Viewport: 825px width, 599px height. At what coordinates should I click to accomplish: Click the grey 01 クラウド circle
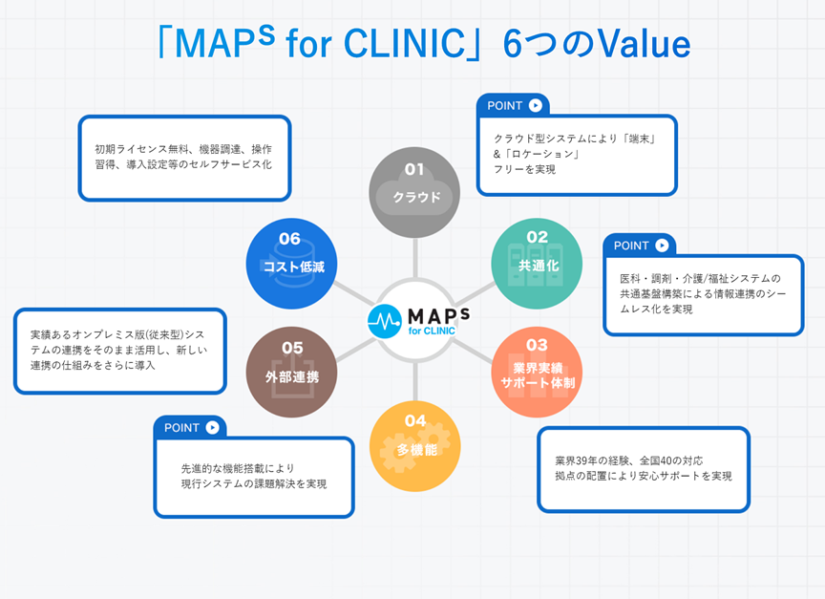414,193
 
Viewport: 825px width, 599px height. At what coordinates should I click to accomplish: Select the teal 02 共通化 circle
537,264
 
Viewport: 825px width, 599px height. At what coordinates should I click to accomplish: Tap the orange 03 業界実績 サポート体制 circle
537,373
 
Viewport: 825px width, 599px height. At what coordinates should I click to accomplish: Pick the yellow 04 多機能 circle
415,446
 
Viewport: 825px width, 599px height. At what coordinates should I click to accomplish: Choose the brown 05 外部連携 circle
291,373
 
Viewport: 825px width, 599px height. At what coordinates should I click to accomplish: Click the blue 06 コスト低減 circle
291,264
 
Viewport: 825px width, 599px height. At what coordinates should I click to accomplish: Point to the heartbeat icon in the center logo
384,321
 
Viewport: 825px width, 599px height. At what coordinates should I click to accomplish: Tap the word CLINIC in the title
404,43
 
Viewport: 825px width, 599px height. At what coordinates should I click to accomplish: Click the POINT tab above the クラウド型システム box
514,105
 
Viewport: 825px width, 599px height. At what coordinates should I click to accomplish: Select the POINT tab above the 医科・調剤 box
640,246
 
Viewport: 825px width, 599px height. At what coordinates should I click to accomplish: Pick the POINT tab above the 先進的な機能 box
190,427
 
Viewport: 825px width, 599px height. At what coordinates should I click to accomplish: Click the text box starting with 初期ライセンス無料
184,158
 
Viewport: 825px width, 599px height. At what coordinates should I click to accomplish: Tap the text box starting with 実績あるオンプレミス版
120,351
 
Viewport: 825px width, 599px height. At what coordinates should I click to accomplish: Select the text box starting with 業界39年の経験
644,469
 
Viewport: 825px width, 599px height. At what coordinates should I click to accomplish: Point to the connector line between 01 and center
415,258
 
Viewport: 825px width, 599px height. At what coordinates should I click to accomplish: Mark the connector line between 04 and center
415,381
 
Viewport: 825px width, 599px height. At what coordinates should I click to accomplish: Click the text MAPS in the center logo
439,316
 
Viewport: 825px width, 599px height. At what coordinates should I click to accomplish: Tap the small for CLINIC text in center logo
432,332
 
